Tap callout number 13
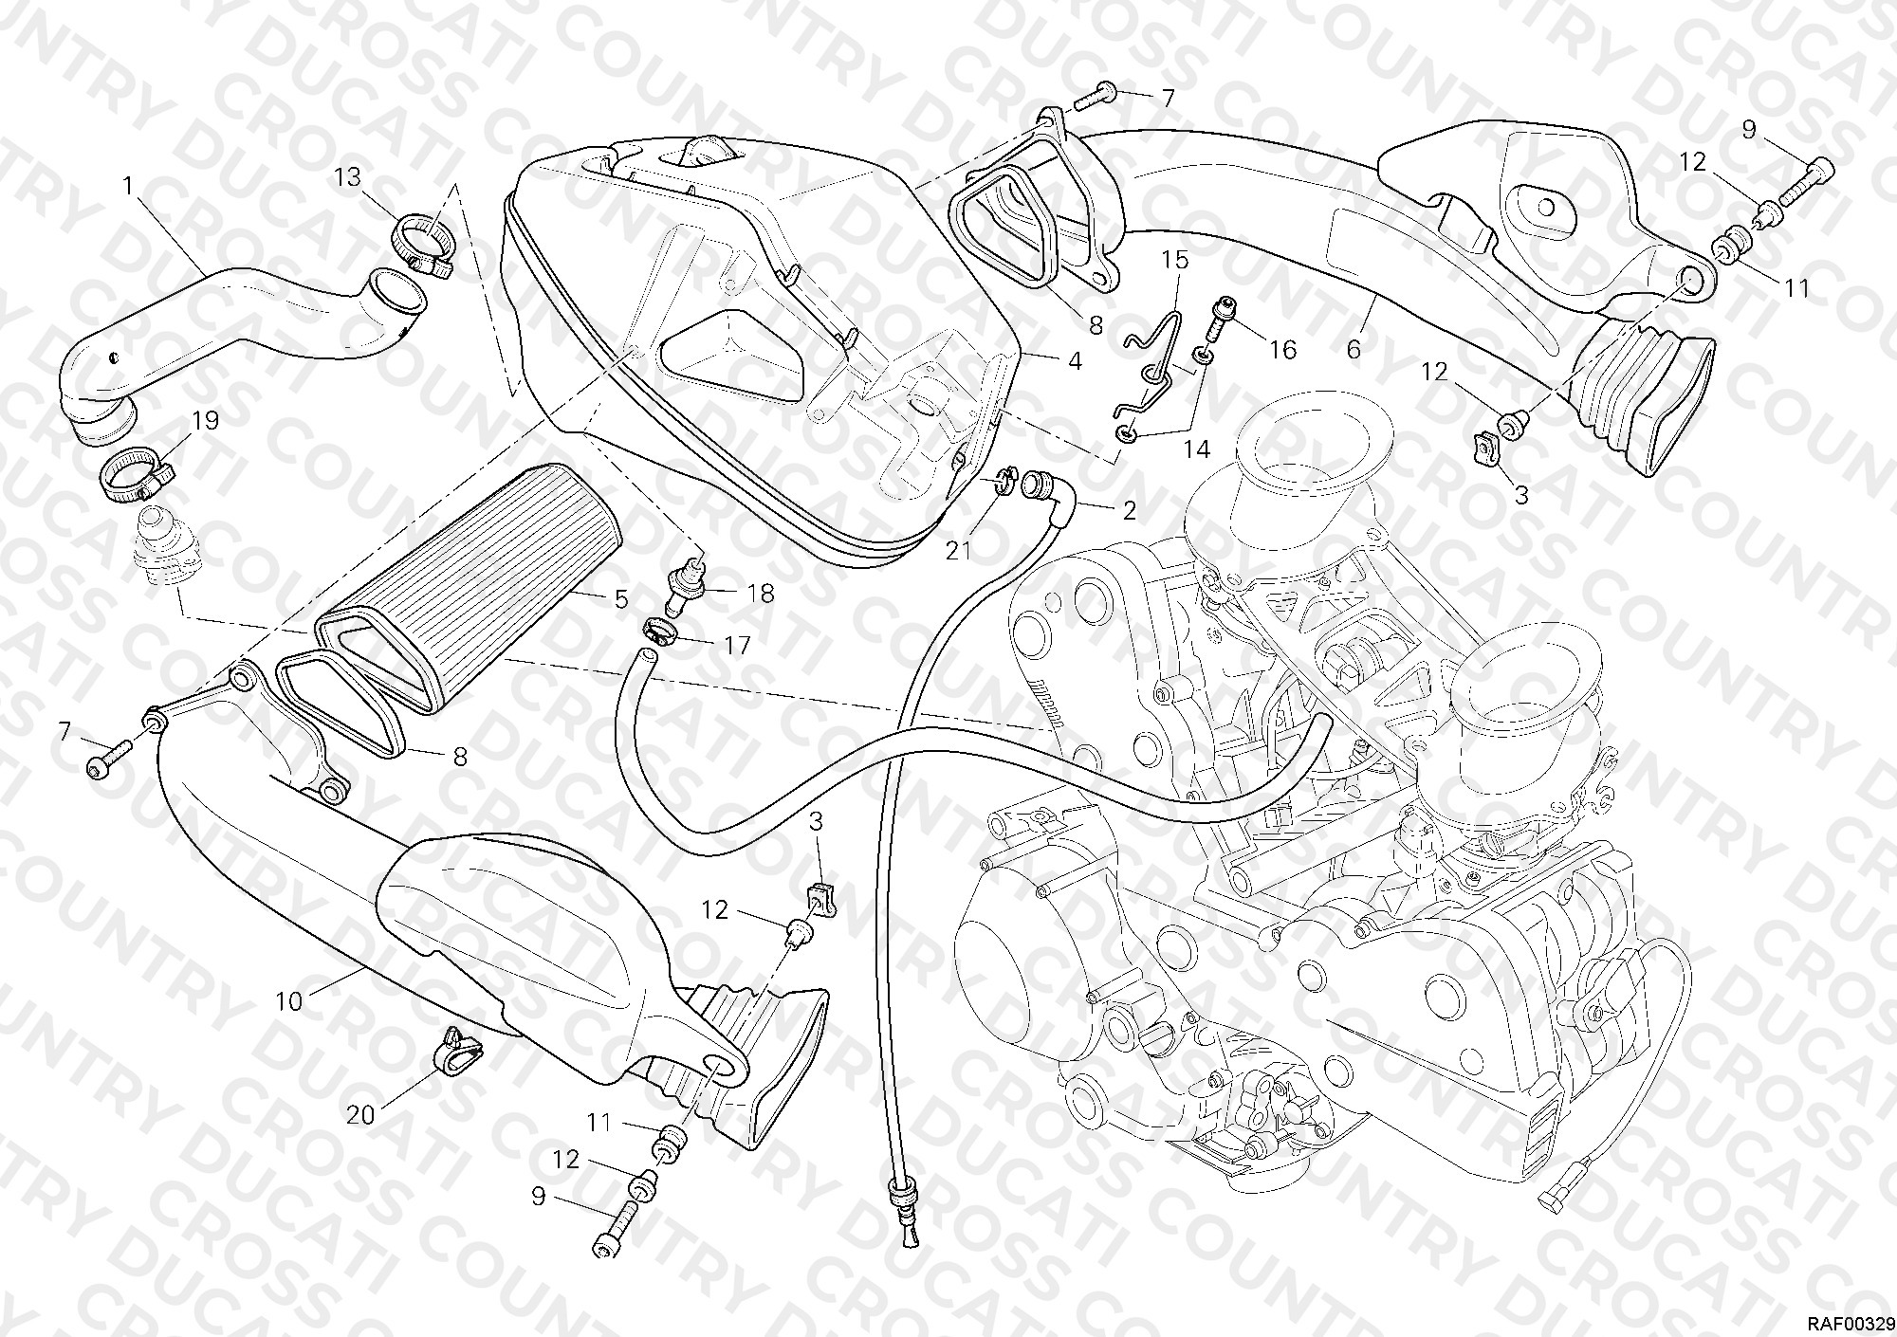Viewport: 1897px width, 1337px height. coord(348,177)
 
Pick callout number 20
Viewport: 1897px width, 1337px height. coord(360,1115)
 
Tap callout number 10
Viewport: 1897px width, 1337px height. coord(289,1000)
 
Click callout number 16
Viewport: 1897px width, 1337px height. coord(1282,350)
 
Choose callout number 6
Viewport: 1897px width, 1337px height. coord(1353,348)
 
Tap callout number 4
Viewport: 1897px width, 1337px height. coord(1075,361)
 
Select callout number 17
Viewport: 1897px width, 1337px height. coord(737,646)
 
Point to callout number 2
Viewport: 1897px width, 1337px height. coord(1129,510)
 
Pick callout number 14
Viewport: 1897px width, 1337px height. coord(1197,449)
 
